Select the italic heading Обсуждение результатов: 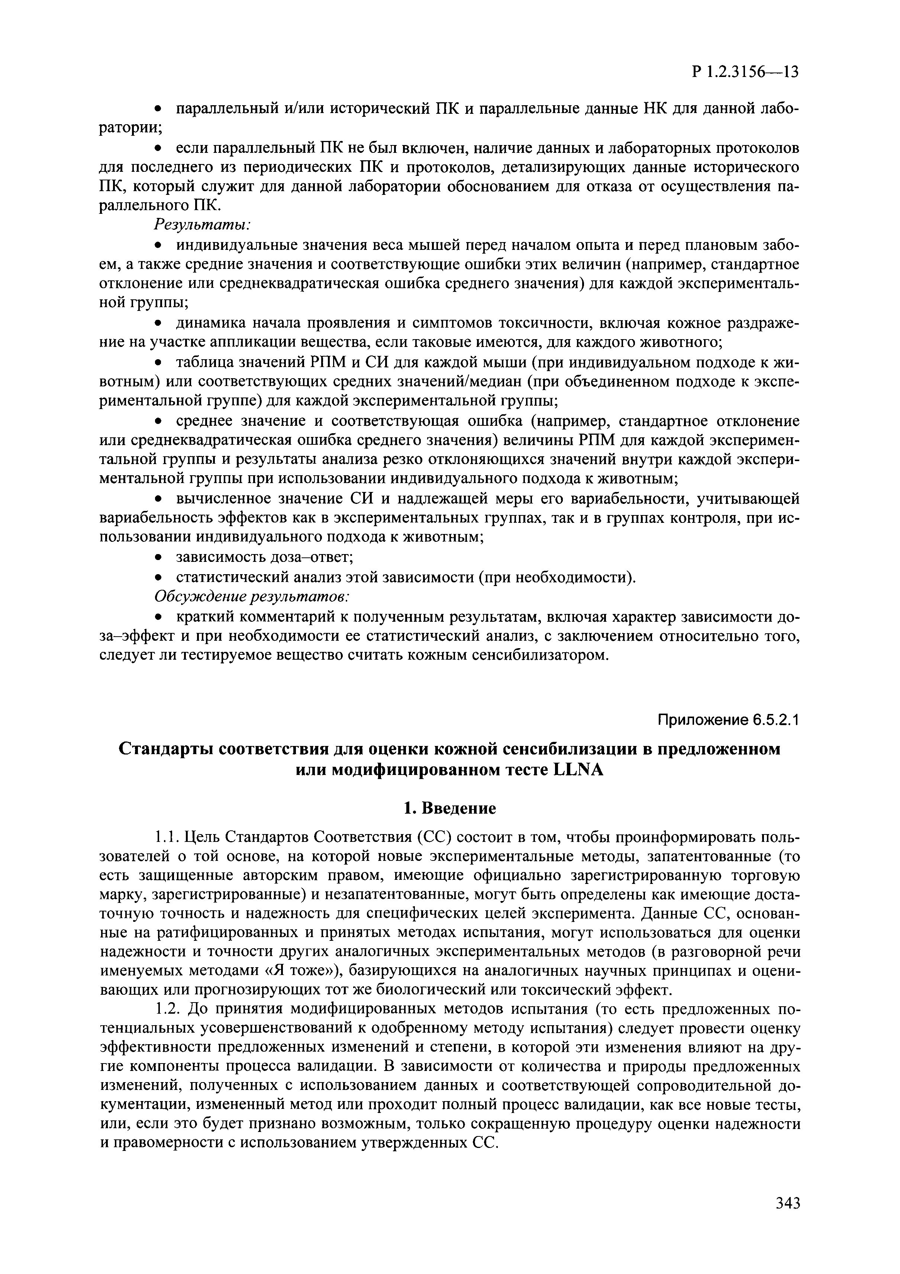pos(251,597)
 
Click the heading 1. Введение pos(449,808)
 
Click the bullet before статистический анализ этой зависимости pos(158,578)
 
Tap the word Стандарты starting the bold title pos(164,749)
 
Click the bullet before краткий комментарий pos(158,618)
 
